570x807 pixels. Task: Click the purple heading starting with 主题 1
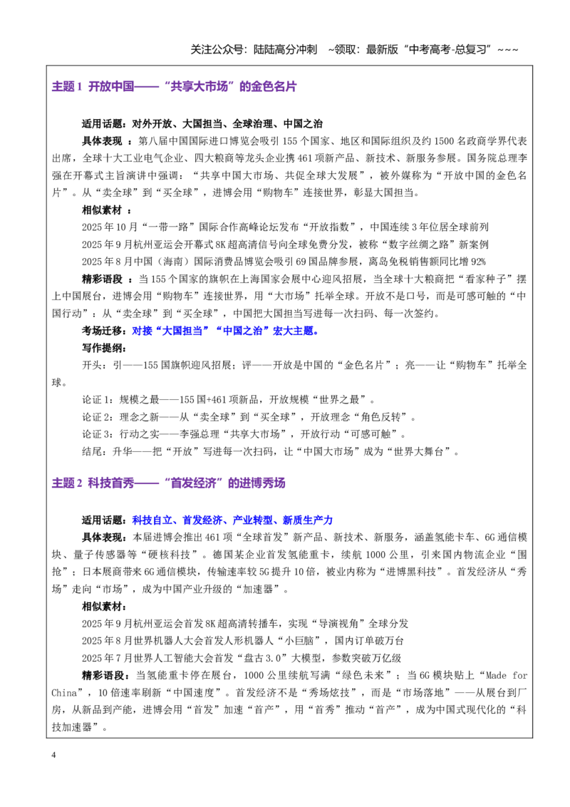pos(175,86)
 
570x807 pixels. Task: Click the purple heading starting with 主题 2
pos(168,483)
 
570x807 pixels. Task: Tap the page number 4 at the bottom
pos(53,755)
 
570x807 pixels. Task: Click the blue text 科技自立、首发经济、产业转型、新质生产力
pos(232,520)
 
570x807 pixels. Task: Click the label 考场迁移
pos(102,331)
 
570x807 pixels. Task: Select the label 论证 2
pos(96,417)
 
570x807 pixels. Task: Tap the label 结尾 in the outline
pos(92,451)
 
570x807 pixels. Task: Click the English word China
pos(64,693)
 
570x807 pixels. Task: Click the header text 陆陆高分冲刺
pos(285,49)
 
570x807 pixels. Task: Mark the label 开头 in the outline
pos(92,366)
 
